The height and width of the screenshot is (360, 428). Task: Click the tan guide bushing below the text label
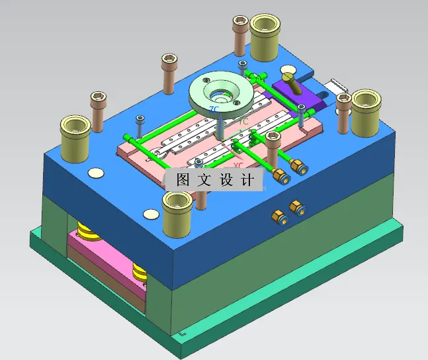pos(177,210)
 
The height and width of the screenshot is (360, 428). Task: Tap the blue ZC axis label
pos(214,109)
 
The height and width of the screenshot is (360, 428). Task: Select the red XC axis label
pos(238,165)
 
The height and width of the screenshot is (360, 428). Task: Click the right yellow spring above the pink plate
pos(140,269)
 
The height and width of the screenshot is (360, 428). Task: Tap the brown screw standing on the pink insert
pos(273,148)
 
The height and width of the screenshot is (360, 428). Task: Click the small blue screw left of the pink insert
pos(140,125)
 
